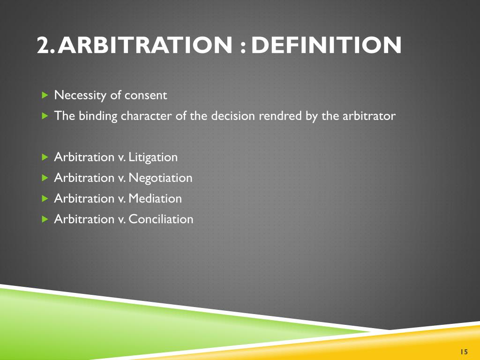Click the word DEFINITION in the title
326,45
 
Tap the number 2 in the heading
44,45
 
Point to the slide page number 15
464,352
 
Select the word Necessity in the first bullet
81,96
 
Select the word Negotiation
160,178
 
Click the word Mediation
155,198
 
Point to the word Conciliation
161,219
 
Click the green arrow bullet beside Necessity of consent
45,96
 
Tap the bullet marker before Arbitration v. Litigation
45,157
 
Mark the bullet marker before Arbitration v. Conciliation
45,219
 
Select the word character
146,116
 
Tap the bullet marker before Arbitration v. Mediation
45,198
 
